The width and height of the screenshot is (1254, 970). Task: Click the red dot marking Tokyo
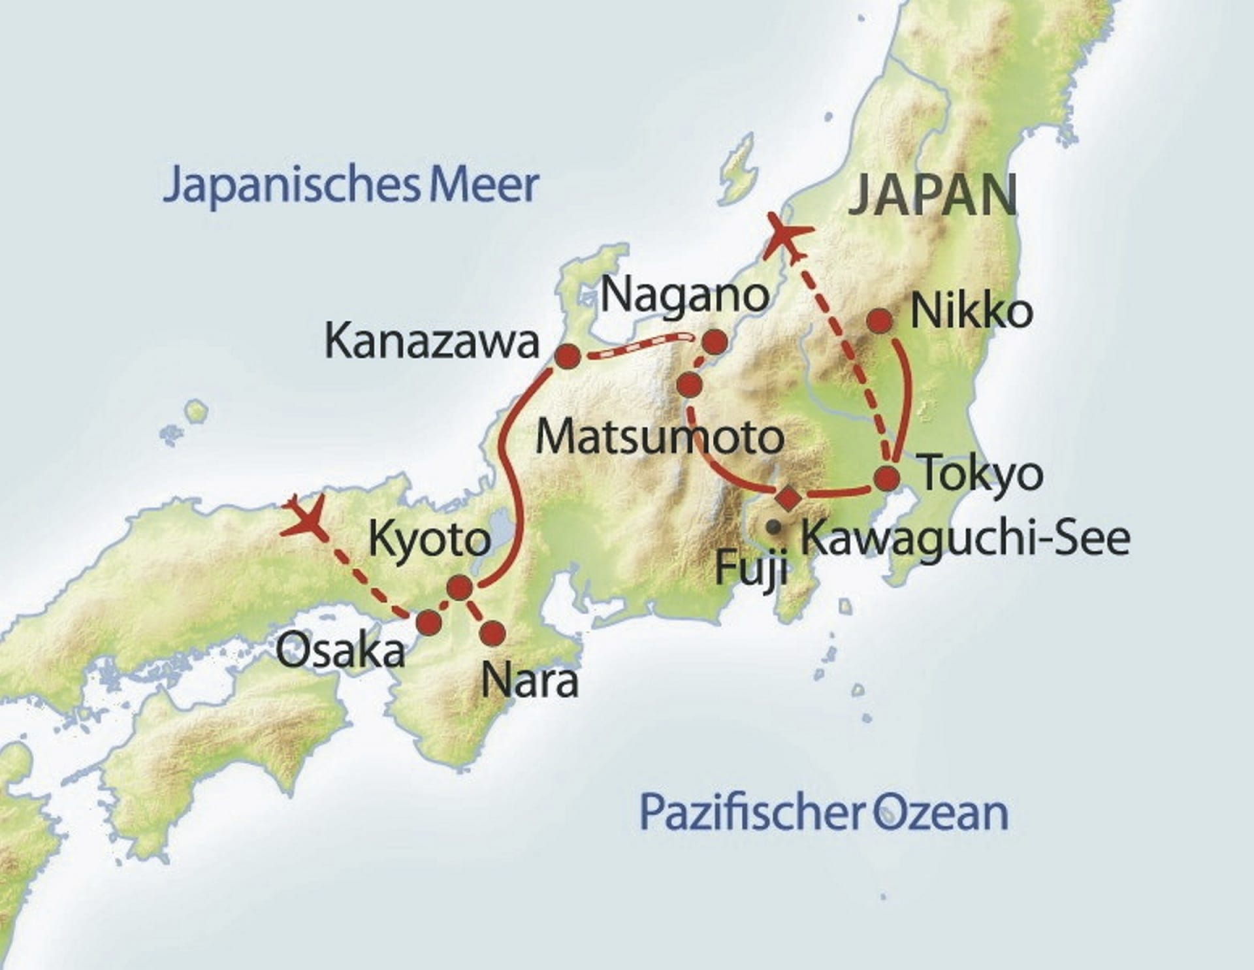pyautogui.click(x=887, y=479)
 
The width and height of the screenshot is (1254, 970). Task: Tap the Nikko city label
pyautogui.click(x=971, y=312)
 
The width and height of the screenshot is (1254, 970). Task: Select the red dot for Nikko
pyautogui.click(x=879, y=320)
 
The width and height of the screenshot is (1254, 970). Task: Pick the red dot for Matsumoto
pyautogui.click(x=689, y=385)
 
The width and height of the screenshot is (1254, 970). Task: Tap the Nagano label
pyautogui.click(x=684, y=295)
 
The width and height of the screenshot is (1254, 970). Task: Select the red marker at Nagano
pyautogui.click(x=715, y=341)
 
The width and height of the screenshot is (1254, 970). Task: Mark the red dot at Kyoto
pyautogui.click(x=459, y=588)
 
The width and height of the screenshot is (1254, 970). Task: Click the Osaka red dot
pyautogui.click(x=429, y=622)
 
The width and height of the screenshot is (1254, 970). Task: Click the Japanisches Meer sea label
pyautogui.click(x=351, y=186)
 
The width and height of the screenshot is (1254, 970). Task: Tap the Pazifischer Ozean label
pyautogui.click(x=824, y=812)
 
